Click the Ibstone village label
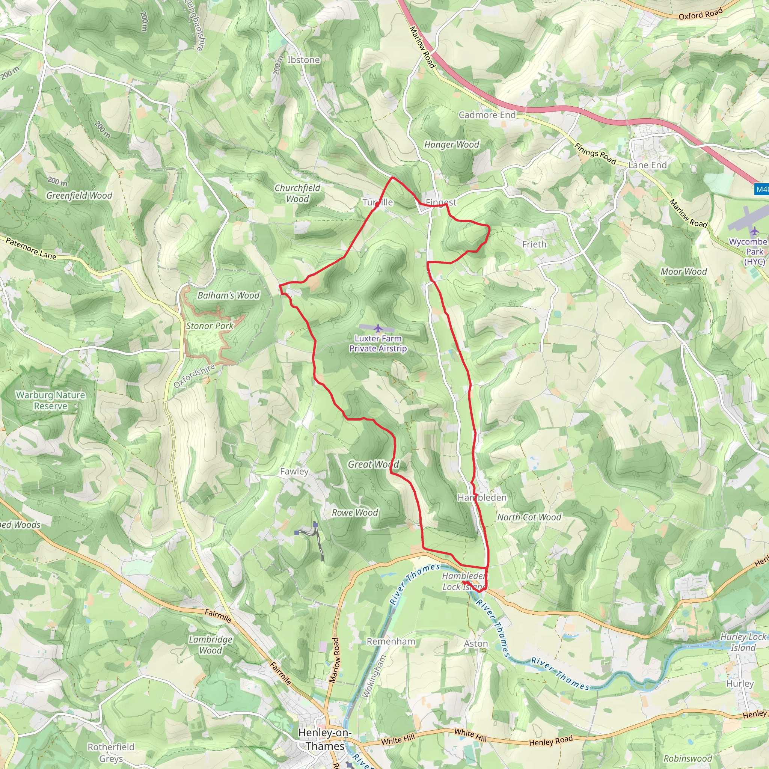tap(304, 60)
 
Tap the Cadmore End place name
tap(487, 115)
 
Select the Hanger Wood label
tap(452, 145)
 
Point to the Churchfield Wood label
tap(297, 193)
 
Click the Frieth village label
tap(534, 244)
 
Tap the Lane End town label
tap(647, 165)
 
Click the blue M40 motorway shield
tap(762, 190)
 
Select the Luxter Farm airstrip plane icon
tap(378, 328)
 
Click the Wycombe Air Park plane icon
tap(754, 231)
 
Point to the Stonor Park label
tap(210, 326)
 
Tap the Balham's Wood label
tap(228, 296)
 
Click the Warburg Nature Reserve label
tap(51, 400)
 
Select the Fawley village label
tap(294, 471)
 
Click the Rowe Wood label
tap(355, 513)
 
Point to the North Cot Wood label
tap(529, 517)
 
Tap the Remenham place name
tap(391, 641)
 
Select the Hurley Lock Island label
tap(743, 642)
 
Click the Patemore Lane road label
tap(31, 249)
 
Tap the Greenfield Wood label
tap(79, 195)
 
